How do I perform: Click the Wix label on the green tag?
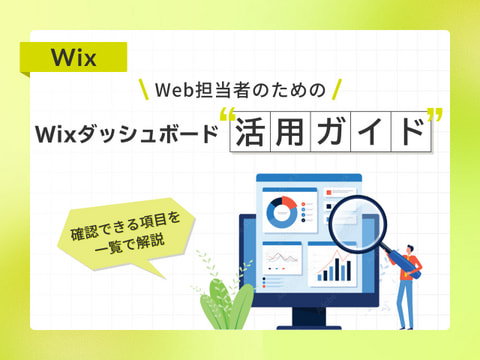click(x=74, y=58)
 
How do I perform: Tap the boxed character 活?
click(x=250, y=132)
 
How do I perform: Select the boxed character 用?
click(x=290, y=132)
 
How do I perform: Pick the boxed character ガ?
click(x=330, y=132)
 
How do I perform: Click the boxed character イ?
click(x=370, y=132)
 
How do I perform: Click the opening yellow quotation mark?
click(x=228, y=114)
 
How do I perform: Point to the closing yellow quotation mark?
click(x=435, y=114)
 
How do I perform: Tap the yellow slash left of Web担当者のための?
click(x=144, y=89)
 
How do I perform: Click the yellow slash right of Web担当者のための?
click(x=337, y=89)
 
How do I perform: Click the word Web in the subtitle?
click(x=174, y=90)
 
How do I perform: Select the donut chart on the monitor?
click(x=282, y=212)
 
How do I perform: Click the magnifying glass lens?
click(x=357, y=224)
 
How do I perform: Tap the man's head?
click(x=410, y=250)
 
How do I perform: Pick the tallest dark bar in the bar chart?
click(x=338, y=269)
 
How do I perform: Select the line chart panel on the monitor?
click(x=282, y=258)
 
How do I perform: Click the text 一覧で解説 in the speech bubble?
click(x=130, y=244)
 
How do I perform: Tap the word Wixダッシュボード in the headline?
click(x=127, y=134)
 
